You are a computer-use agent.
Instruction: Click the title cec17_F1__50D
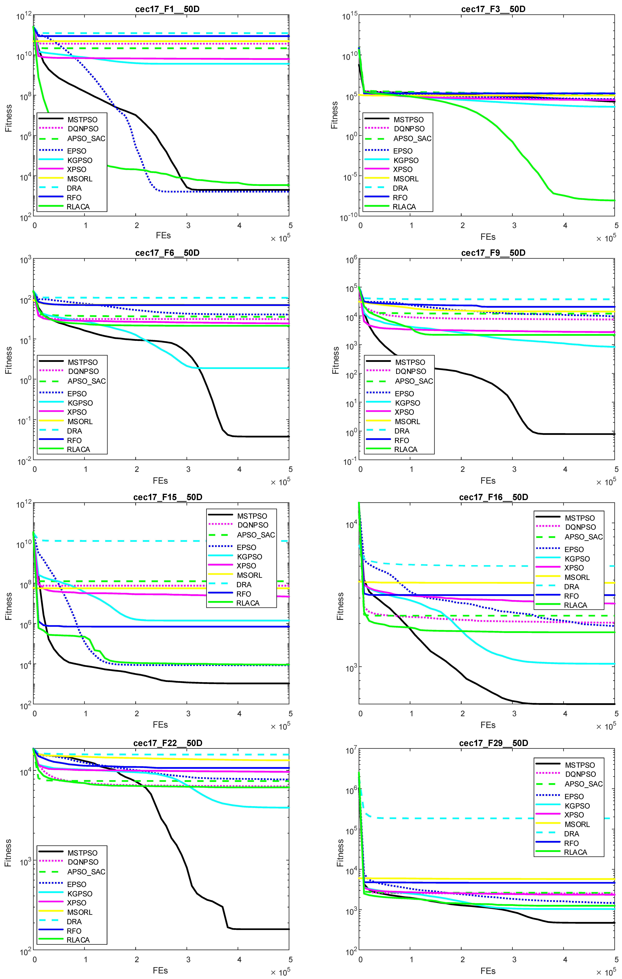click(x=167, y=9)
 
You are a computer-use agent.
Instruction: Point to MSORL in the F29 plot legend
click(x=577, y=824)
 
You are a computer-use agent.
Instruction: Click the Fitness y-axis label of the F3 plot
click(x=334, y=115)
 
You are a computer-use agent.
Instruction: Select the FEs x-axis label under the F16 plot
click(x=488, y=725)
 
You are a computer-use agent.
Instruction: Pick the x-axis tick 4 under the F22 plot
click(x=239, y=959)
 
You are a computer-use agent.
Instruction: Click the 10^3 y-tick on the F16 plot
click(x=351, y=668)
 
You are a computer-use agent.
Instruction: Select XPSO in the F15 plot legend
click(x=246, y=566)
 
